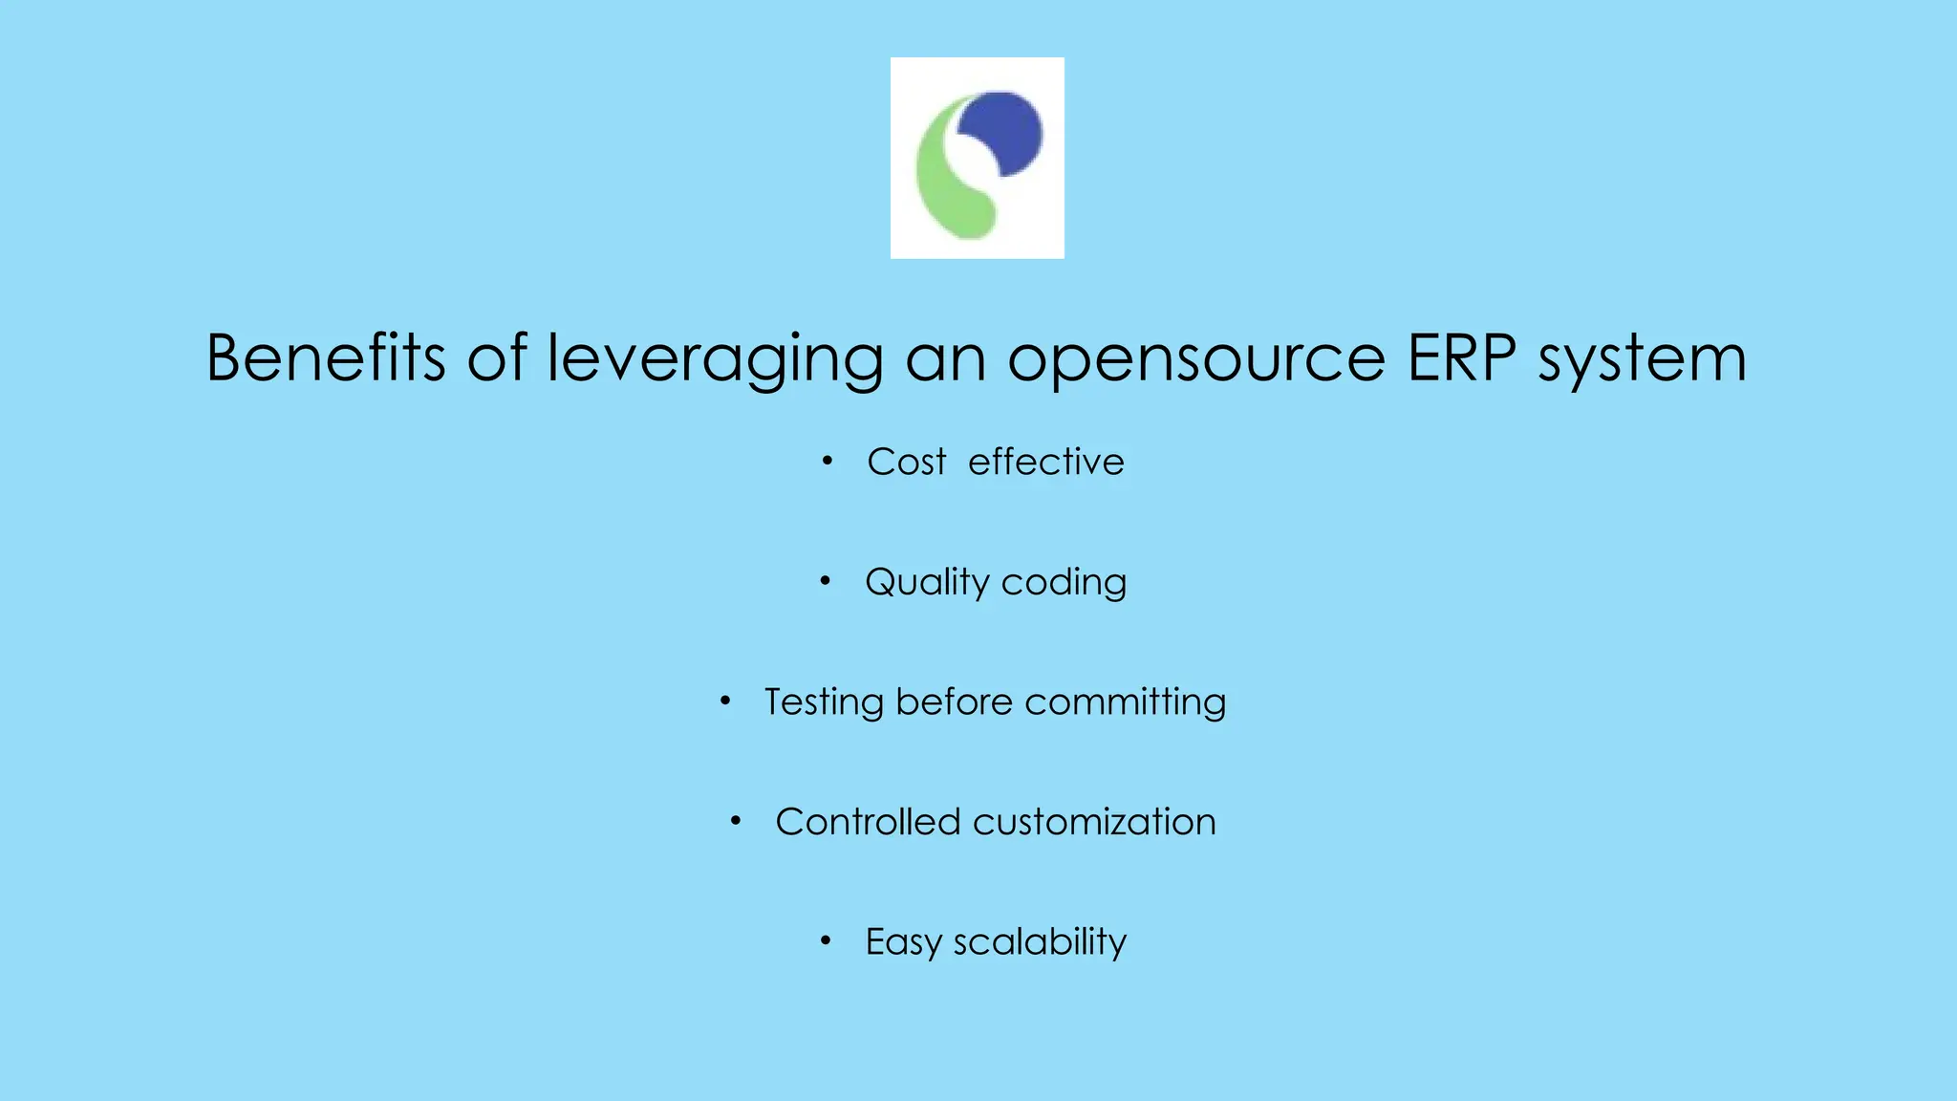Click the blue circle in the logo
[x=1003, y=131]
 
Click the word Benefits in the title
[x=326, y=358]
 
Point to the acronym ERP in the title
[x=1461, y=358]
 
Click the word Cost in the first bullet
[x=906, y=463]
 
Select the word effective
[x=1046, y=463]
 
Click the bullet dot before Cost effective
[x=828, y=462]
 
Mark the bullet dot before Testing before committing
[x=725, y=702]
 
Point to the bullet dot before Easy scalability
[x=826, y=940]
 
